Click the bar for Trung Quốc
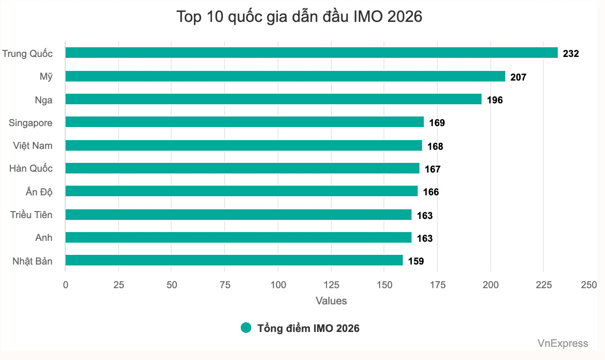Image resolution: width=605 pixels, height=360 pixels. [311, 53]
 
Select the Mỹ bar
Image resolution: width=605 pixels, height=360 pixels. [285, 76]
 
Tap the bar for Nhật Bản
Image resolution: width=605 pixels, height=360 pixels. [234, 260]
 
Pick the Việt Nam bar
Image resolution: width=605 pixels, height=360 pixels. [244, 145]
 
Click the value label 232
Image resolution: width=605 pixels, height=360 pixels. [571, 53]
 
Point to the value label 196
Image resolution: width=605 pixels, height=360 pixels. [495, 100]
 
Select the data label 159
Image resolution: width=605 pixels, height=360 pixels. [416, 261]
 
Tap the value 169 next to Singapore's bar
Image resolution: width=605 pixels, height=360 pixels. [437, 123]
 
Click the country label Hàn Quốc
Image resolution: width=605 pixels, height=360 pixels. [31, 168]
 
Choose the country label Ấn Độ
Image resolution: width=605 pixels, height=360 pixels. [39, 191]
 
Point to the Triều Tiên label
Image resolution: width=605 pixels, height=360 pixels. [31, 215]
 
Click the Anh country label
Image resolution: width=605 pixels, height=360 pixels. [44, 237]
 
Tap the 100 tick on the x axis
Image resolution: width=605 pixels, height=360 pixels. [278, 285]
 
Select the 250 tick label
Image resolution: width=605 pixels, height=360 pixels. [589, 285]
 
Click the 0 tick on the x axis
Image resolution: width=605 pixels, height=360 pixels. [65, 285]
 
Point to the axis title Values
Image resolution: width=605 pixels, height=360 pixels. [331, 301]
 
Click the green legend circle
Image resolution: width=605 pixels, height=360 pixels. [246, 328]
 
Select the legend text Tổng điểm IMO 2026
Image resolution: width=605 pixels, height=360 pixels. [309, 328]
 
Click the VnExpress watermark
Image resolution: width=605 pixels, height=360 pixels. [563, 343]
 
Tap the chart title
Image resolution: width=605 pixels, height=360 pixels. [299, 17]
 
